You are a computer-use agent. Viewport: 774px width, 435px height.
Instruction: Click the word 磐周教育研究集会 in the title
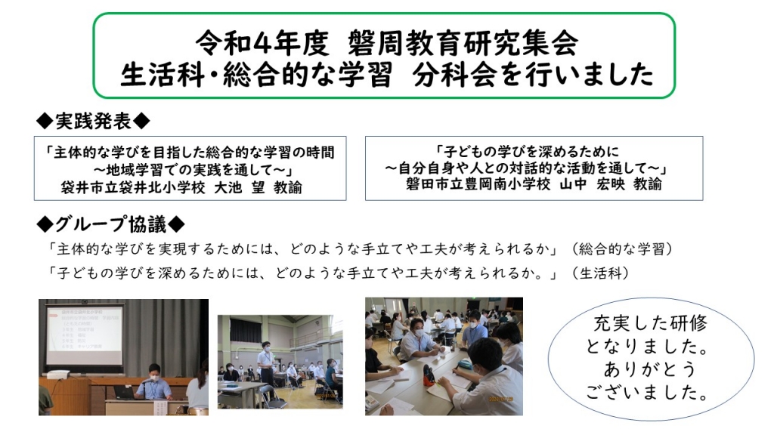(x=462, y=42)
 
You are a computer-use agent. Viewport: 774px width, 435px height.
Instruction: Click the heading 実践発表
(x=93, y=122)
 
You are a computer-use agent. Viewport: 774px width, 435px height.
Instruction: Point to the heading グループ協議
(x=110, y=224)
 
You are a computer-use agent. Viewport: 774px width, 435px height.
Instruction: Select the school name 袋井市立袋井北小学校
(x=133, y=187)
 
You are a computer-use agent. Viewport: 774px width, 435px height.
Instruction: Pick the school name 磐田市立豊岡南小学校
(x=478, y=184)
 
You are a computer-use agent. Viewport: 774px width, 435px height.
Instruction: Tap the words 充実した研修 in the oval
(x=651, y=323)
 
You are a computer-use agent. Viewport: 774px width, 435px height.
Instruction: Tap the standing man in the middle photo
(x=266, y=365)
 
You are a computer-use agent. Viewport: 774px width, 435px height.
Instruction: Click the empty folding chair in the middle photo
(x=267, y=396)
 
